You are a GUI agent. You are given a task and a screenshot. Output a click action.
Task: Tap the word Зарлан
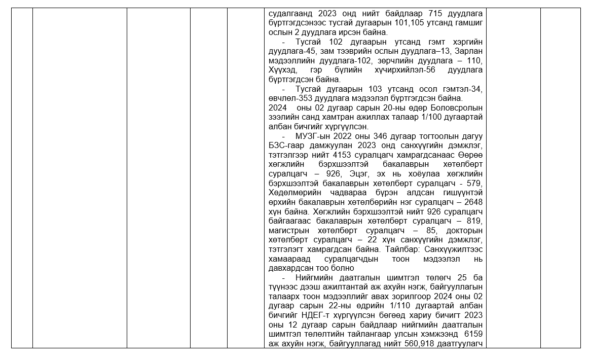click(x=469, y=51)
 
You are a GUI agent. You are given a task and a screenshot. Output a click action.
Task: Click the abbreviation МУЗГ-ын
click(x=312, y=136)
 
